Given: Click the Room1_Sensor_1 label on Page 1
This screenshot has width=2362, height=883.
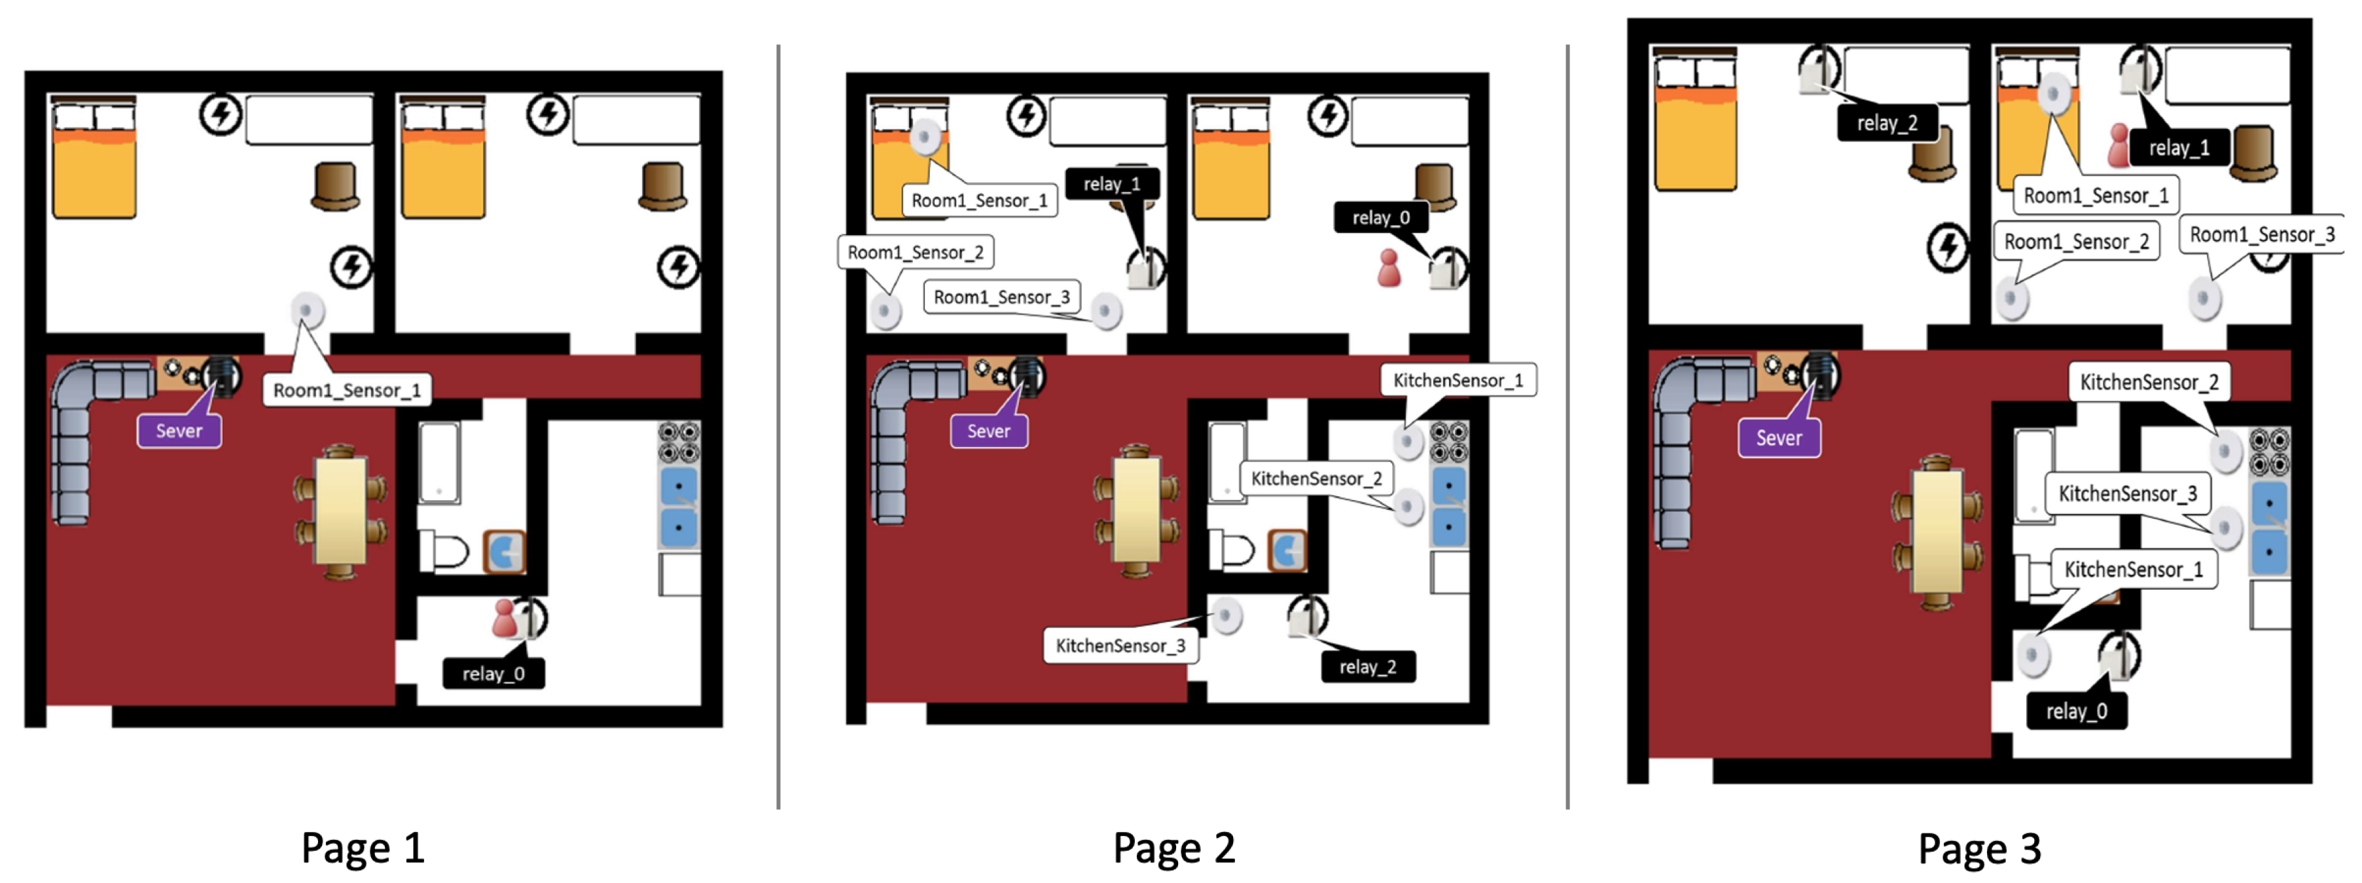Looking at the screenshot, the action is pos(347,389).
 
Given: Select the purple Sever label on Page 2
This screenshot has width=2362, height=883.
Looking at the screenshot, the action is pos(988,431).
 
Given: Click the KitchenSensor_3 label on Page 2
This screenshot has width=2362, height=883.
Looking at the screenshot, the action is pos(1120,645).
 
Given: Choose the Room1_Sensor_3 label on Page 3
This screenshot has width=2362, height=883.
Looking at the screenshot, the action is pos(2262,235).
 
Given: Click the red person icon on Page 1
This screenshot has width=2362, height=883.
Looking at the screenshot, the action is pos(503,619).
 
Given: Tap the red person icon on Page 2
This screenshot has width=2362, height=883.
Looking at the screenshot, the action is pos(1389,268).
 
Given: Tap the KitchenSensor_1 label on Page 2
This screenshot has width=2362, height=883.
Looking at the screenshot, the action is pos(1458,380).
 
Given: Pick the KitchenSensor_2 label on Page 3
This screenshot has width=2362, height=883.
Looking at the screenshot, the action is pos(2149,382).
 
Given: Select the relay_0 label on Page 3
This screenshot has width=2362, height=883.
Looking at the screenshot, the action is pos(2076,712).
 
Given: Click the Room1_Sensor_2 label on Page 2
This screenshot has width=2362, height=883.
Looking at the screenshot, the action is pos(915,252).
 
